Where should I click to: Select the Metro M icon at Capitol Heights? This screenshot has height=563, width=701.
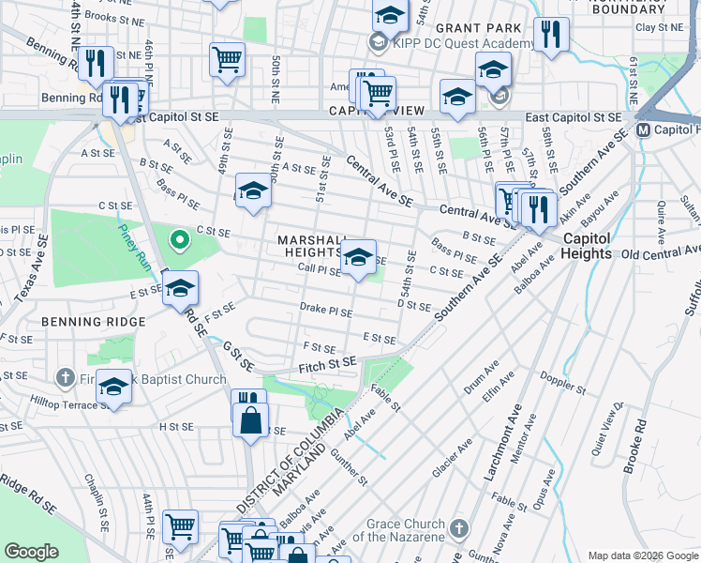pyautogui.click(x=644, y=129)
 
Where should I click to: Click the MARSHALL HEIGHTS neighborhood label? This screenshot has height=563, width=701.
pyautogui.click(x=309, y=246)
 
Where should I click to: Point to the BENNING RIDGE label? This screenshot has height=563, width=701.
pyautogui.click(x=93, y=322)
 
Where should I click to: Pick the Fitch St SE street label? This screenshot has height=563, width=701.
pyautogui.click(x=327, y=362)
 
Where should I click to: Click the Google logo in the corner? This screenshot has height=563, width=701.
pyautogui.click(x=32, y=552)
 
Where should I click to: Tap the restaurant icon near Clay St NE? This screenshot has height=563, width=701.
pyautogui.click(x=551, y=36)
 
